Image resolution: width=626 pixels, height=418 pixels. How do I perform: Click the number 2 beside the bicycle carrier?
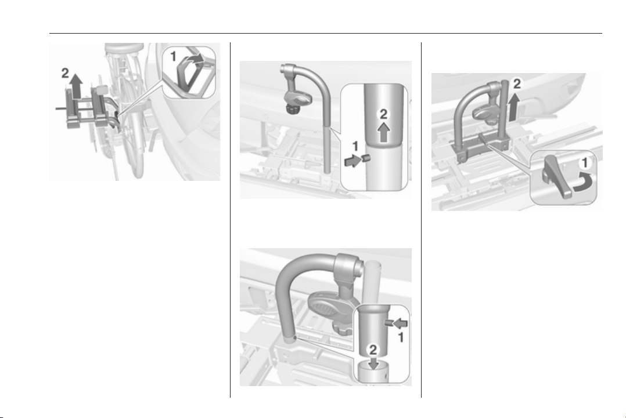pyautogui.click(x=65, y=73)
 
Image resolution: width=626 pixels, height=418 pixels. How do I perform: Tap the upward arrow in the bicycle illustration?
pyautogui.click(x=76, y=86)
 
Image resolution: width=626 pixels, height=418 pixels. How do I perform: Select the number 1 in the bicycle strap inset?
pyautogui.click(x=173, y=57)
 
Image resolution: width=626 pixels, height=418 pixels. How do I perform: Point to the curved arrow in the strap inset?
pyautogui.click(x=196, y=60)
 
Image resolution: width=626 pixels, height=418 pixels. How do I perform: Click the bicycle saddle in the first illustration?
pyautogui.click(x=123, y=48)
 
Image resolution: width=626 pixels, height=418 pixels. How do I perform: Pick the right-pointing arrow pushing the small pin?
pyautogui.click(x=353, y=161)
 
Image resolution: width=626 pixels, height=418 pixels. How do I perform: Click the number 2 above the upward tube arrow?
pyautogui.click(x=383, y=114)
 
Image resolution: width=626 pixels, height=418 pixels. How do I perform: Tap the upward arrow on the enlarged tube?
pyautogui.click(x=384, y=132)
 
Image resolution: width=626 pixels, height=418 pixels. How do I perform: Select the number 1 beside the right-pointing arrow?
pyautogui.click(x=355, y=147)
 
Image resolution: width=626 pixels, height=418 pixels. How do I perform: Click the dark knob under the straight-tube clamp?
pyautogui.click(x=293, y=108)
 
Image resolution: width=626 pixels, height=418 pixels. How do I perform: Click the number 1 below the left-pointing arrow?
pyautogui.click(x=401, y=338)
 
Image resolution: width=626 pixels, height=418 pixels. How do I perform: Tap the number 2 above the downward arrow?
pyautogui.click(x=373, y=350)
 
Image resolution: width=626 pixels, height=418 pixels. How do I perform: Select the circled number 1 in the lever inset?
pyautogui.click(x=585, y=163)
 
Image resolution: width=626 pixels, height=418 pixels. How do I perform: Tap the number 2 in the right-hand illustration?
pyautogui.click(x=517, y=84)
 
